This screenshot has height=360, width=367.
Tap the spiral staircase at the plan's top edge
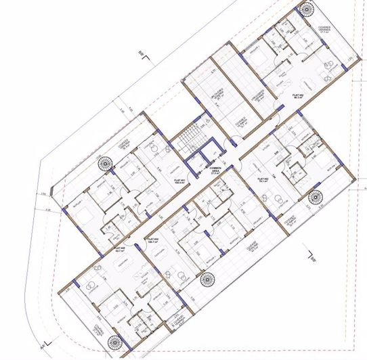pos(307,9)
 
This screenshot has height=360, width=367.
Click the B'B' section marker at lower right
pos(311,258)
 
